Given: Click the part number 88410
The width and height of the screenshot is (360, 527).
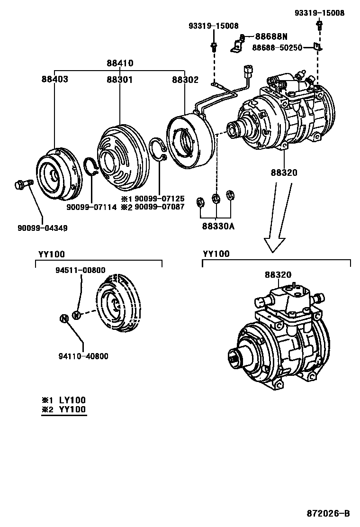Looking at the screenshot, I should [x=119, y=63].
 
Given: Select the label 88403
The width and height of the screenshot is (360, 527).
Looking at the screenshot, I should [x=54, y=79].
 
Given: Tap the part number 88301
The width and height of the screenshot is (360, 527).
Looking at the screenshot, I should [x=119, y=79].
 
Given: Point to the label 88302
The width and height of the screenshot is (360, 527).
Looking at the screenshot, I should [x=185, y=79].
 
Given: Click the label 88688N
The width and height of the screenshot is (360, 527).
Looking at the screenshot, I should [x=271, y=36].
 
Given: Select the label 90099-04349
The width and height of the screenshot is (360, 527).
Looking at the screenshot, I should [x=43, y=228].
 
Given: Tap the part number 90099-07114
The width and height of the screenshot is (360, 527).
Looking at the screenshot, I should [x=92, y=207].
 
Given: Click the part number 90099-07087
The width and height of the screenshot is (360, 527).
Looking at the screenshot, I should [x=160, y=207].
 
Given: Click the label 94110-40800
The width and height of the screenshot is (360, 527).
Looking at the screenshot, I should [x=83, y=356].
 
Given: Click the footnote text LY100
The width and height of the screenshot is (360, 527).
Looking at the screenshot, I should [x=72, y=400].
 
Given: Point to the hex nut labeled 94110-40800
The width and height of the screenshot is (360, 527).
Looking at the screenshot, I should [x=64, y=318].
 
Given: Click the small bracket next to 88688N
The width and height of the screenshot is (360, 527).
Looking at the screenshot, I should [x=235, y=46].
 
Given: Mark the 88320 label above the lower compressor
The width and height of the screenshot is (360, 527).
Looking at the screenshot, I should [x=278, y=275].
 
